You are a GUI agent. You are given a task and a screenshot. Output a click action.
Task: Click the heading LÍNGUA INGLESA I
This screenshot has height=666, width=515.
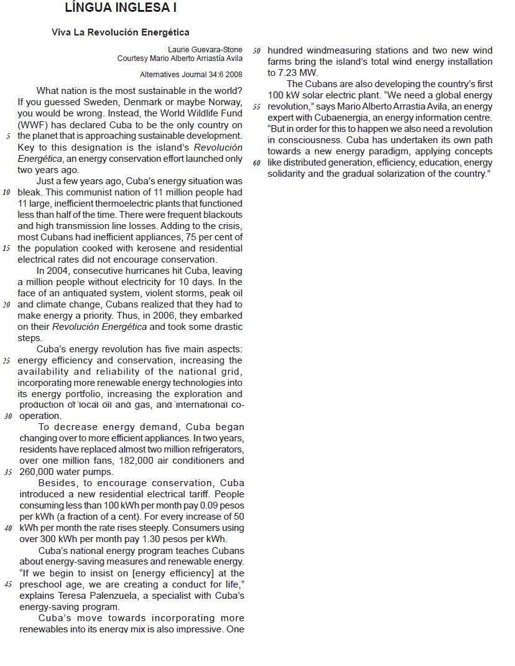tap(121, 8)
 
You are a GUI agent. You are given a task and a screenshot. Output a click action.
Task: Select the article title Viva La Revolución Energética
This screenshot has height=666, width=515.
tap(121, 32)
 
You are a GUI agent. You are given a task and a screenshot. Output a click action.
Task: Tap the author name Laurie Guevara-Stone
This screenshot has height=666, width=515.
tap(205, 50)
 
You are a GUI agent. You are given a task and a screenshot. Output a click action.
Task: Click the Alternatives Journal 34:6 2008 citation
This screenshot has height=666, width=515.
tap(191, 74)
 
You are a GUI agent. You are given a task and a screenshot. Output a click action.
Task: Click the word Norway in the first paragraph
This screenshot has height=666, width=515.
tap(226, 102)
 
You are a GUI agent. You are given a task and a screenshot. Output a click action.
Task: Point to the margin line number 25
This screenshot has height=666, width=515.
tap(7, 361)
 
